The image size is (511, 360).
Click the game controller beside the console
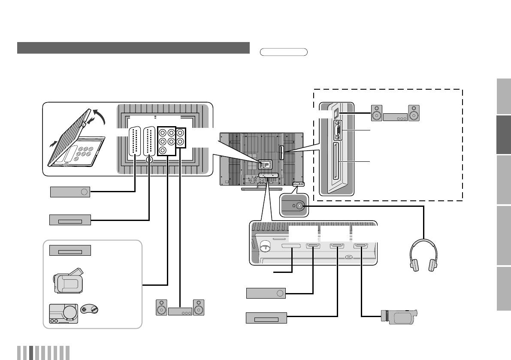tap(89, 309)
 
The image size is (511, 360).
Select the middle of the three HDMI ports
tap(336, 246)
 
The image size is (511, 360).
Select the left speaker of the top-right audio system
tap(376, 113)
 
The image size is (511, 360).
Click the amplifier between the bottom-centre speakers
tap(180, 312)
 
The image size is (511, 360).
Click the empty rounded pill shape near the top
tap(284, 52)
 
